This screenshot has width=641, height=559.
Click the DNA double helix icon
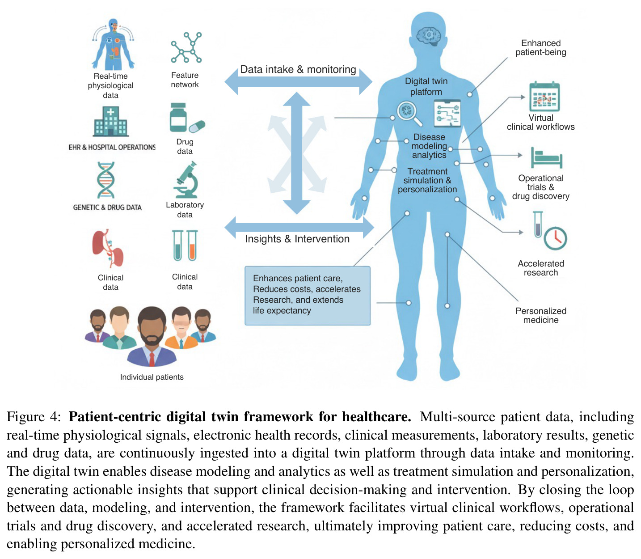[106, 180]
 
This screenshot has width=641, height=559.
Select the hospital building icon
[110, 122]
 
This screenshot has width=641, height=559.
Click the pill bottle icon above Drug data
[178, 118]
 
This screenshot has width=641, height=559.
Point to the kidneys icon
[108, 248]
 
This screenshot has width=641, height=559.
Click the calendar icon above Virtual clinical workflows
[544, 97]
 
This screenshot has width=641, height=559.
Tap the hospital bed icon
[547, 158]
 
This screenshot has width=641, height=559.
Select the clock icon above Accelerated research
[555, 238]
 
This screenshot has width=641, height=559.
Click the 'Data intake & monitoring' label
[298, 69]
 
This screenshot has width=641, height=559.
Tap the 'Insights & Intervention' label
[297, 239]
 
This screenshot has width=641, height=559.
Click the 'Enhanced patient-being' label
[541, 48]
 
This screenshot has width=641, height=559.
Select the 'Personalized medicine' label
[541, 315]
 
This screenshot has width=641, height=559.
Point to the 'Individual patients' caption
[152, 377]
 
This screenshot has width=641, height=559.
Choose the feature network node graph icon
[186, 48]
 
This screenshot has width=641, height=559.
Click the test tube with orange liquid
[192, 246]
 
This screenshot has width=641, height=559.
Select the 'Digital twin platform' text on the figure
[426, 86]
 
